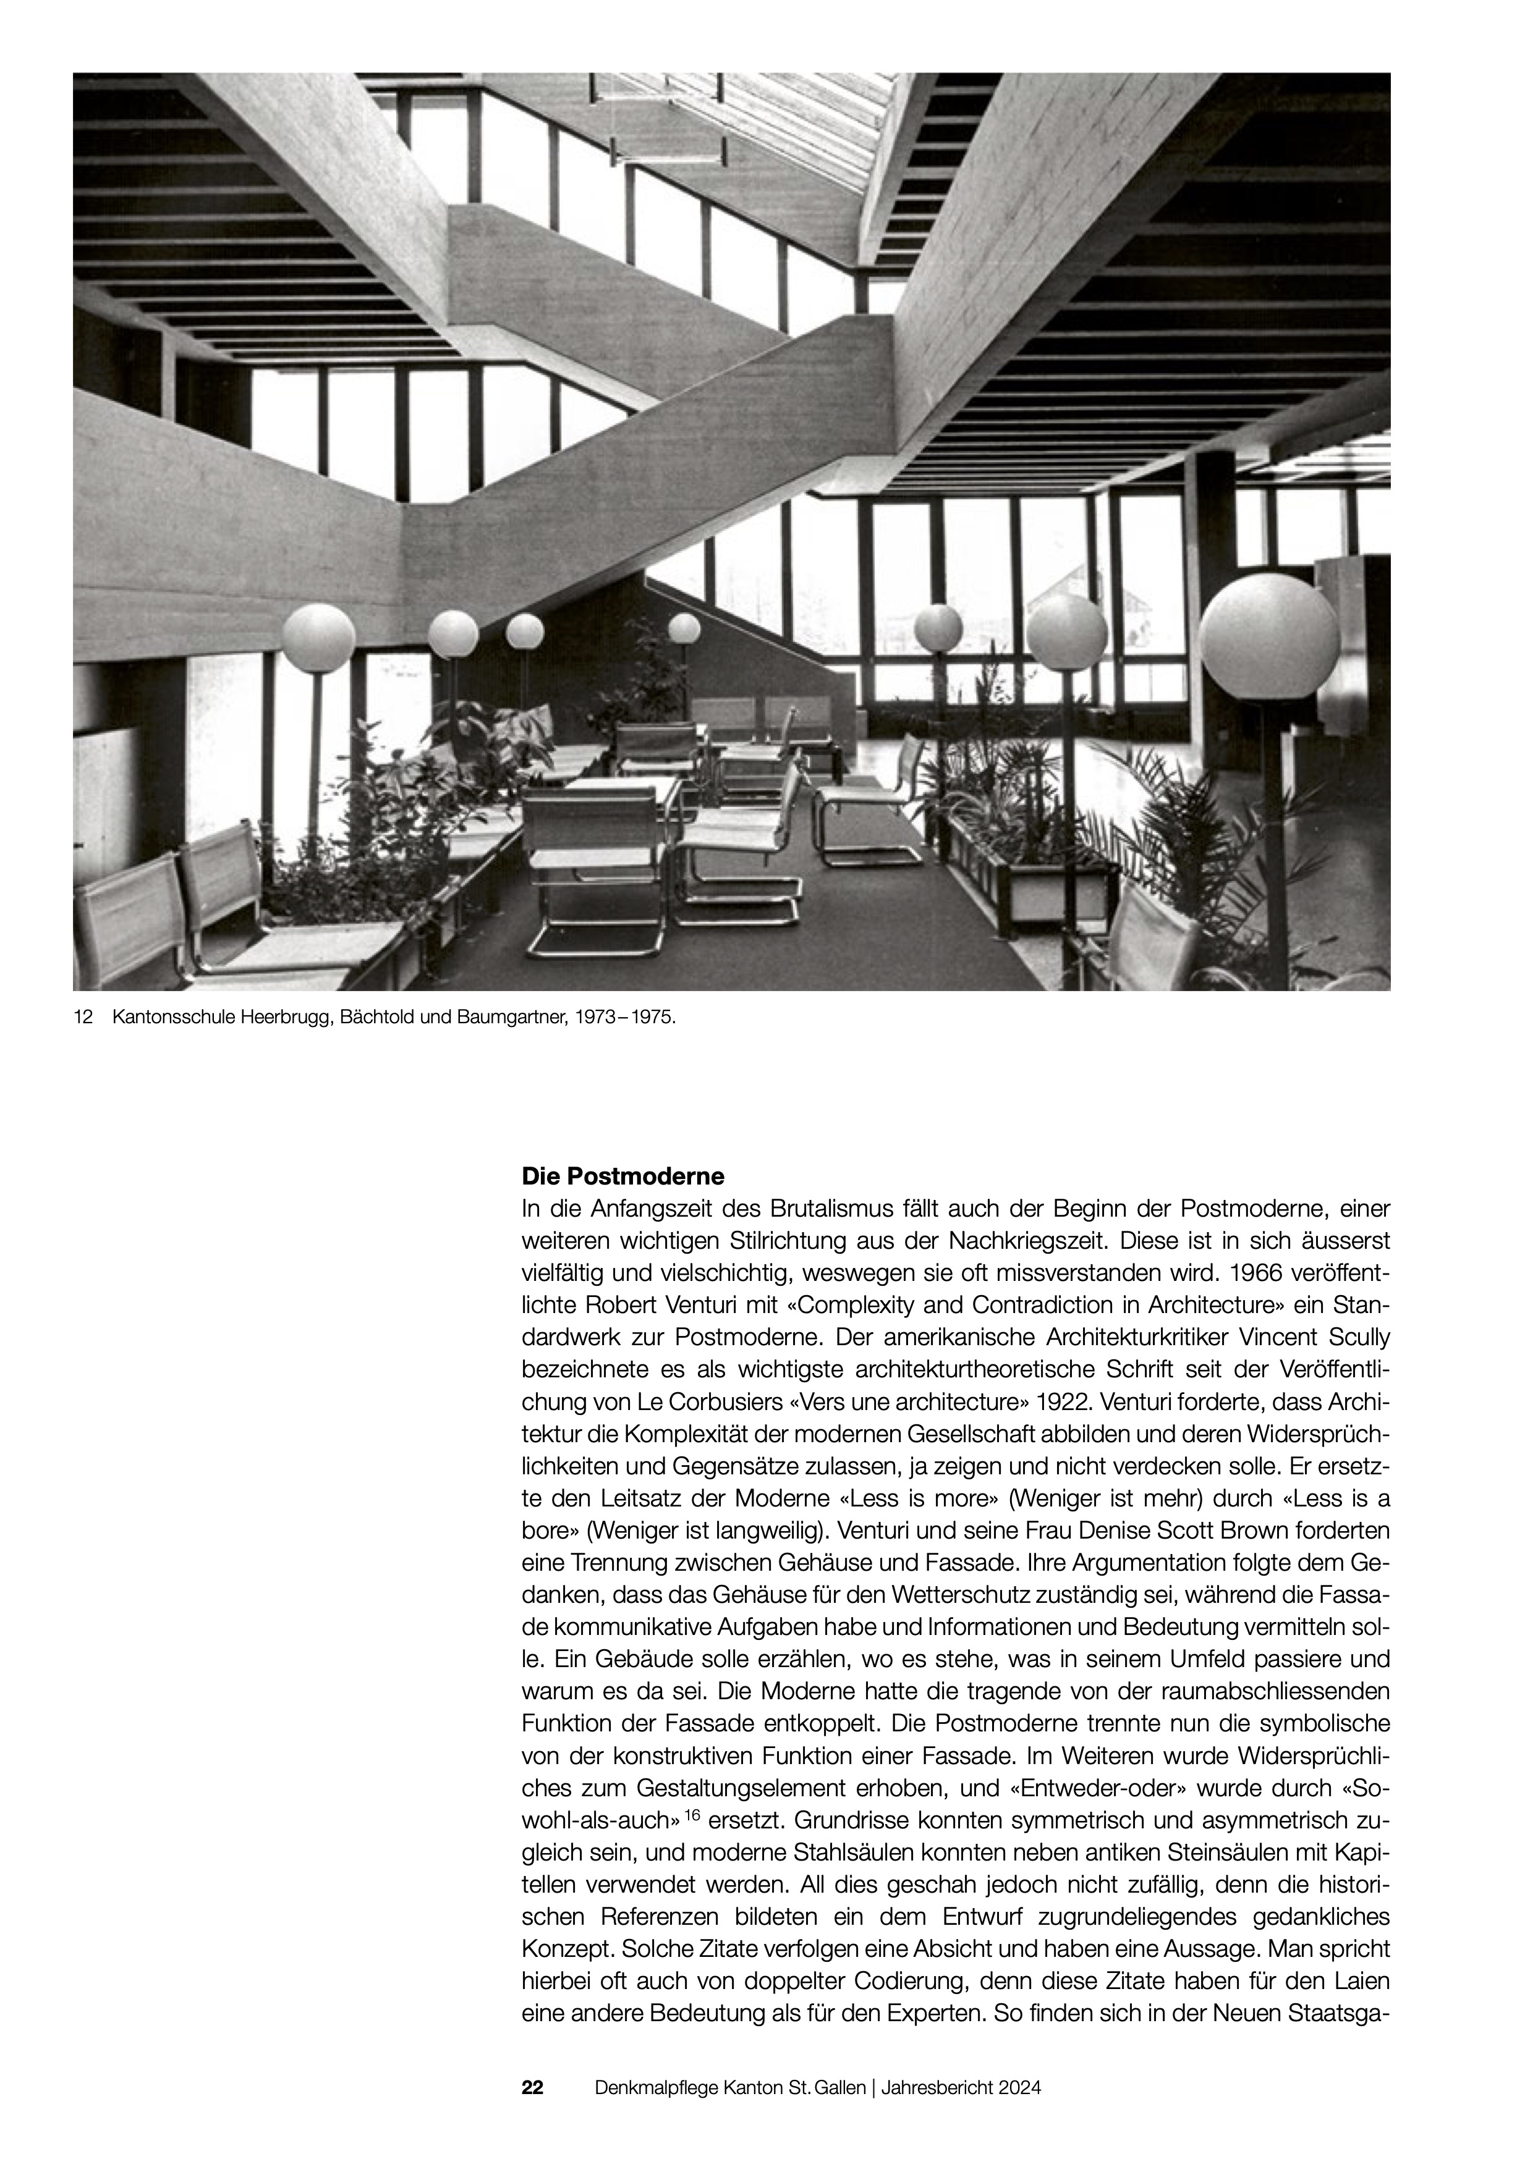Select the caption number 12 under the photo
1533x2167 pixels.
pyautogui.click(x=82, y=1018)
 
